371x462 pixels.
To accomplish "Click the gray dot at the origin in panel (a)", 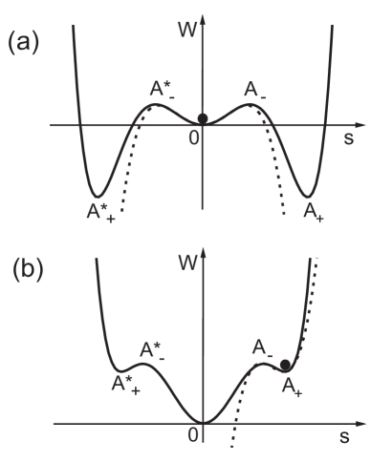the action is click(x=202, y=120).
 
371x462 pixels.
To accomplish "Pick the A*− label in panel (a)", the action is click(x=162, y=89).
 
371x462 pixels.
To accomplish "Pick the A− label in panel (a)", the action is click(x=253, y=91).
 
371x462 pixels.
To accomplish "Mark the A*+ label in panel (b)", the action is click(x=123, y=384).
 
